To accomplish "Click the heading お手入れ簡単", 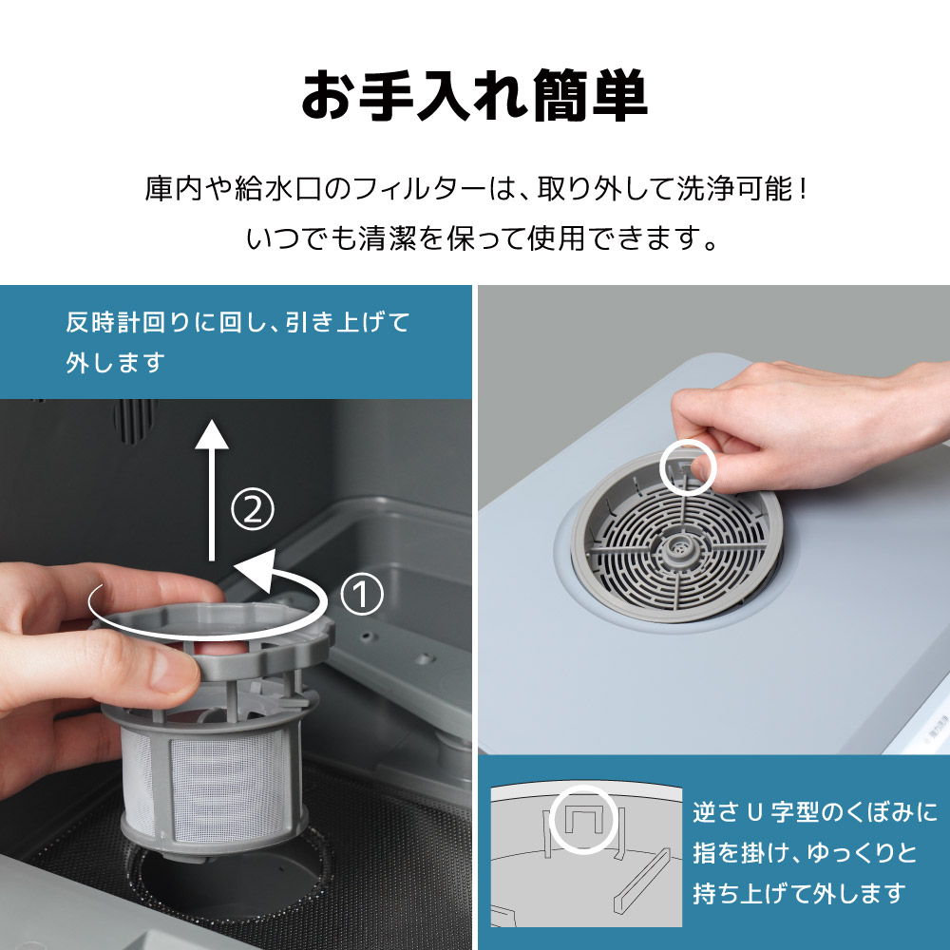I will click(474, 96).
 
